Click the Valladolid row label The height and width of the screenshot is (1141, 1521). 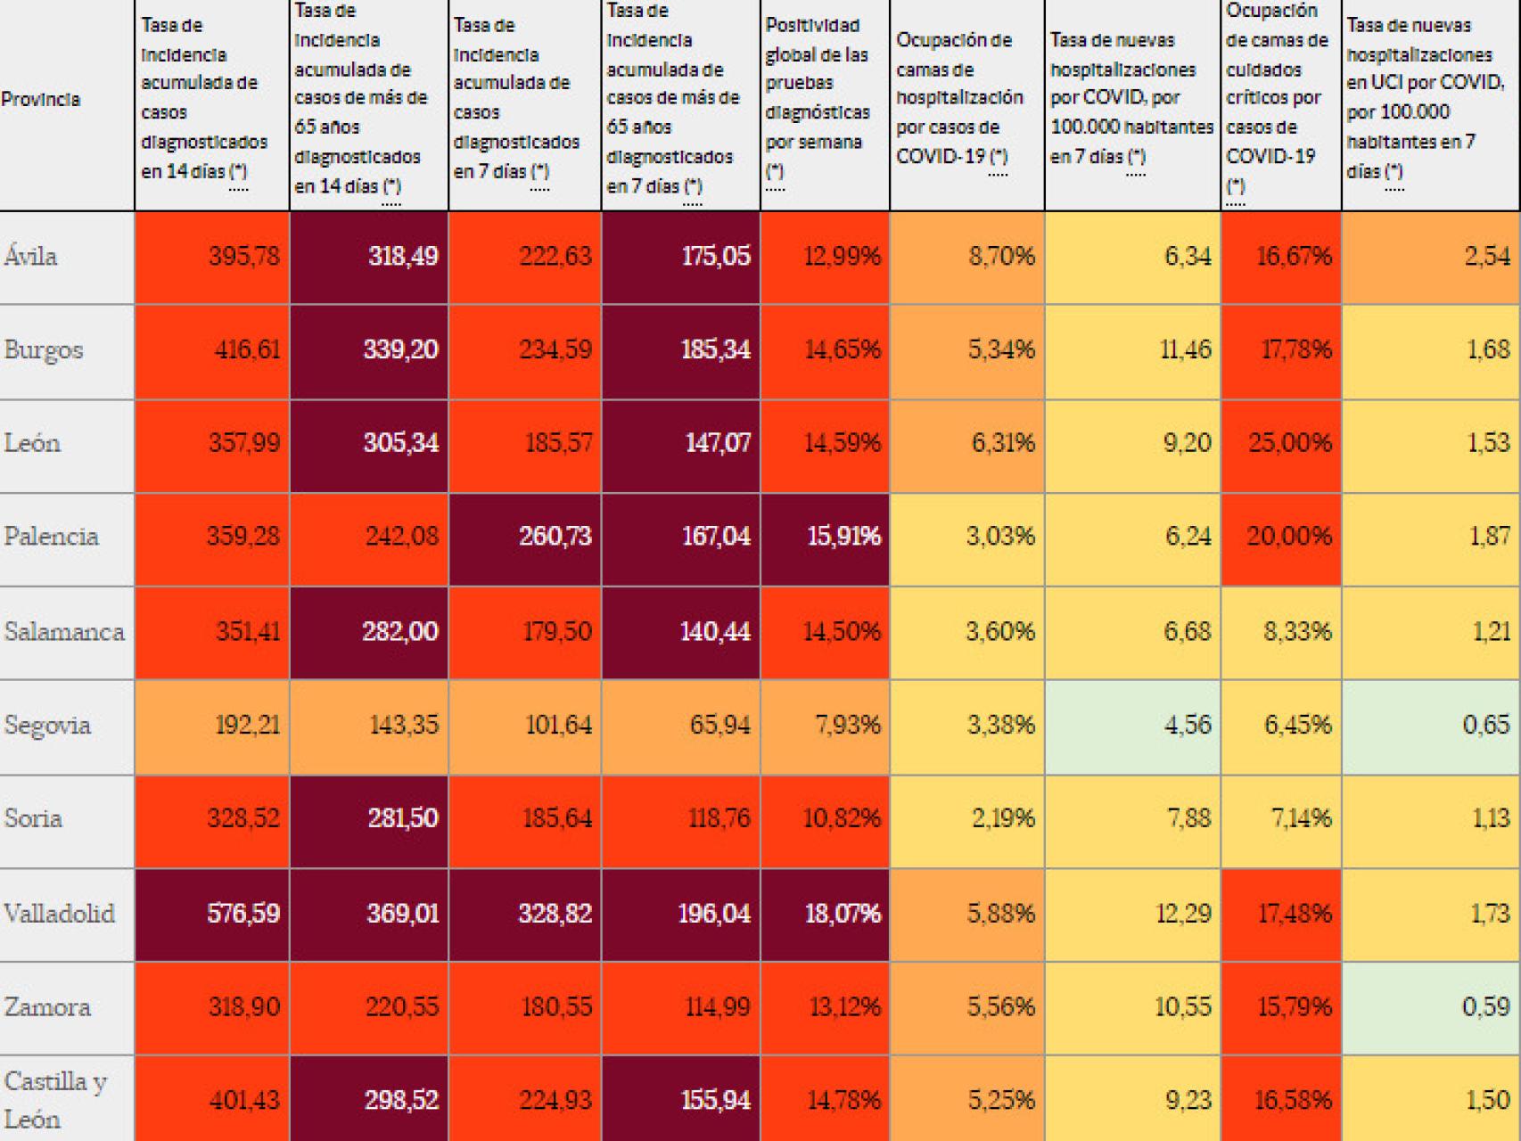tap(60, 914)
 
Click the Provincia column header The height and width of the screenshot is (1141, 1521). tap(41, 99)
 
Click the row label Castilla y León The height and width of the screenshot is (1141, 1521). tap(55, 1100)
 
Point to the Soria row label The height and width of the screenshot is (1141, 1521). tap(33, 818)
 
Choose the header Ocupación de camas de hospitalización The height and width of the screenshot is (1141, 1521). tap(959, 98)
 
